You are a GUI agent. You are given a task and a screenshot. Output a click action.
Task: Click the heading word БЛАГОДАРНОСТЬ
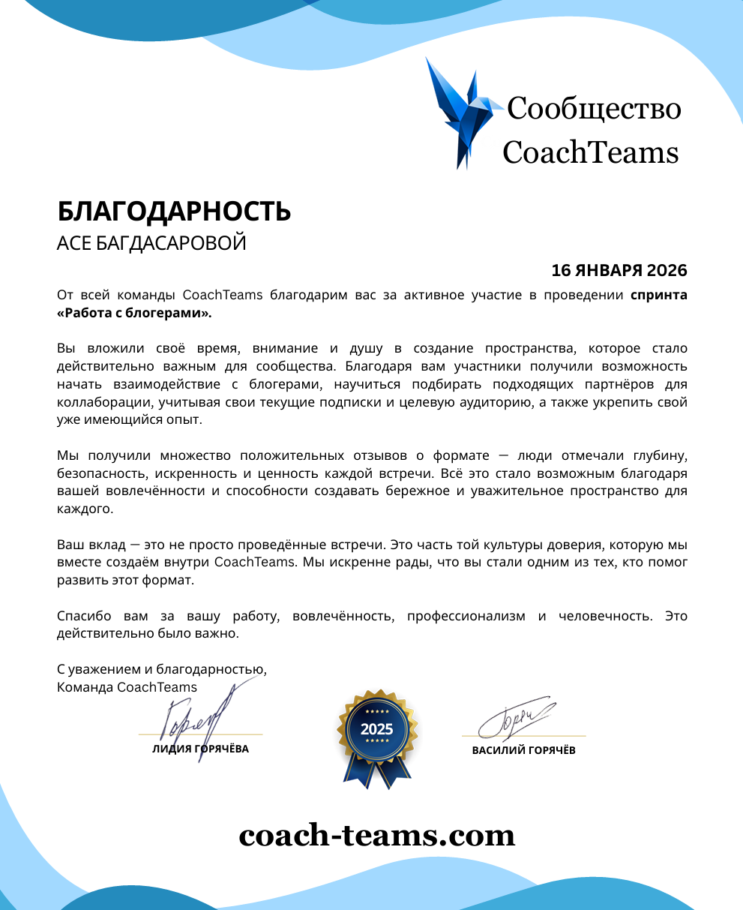174,212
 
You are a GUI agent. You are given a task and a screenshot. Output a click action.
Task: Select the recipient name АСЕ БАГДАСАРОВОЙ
151,244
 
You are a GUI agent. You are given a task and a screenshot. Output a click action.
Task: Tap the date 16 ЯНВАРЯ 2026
619,270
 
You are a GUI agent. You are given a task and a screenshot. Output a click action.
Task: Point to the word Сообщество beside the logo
594,109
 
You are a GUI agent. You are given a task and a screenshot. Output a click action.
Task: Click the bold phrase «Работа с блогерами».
134,313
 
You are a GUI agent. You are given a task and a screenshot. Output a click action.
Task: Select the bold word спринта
658,295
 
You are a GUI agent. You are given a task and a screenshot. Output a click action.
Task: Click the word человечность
605,616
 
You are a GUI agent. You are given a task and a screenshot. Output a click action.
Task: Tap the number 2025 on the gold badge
376,728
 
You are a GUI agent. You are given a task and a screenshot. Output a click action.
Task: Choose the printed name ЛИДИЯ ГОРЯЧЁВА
200,749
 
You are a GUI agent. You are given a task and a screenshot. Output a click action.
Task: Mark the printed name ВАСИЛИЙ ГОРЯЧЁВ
523,750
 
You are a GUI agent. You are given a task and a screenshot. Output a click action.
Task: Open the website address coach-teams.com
377,835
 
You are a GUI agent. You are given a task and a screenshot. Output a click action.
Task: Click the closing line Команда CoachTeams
127,687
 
